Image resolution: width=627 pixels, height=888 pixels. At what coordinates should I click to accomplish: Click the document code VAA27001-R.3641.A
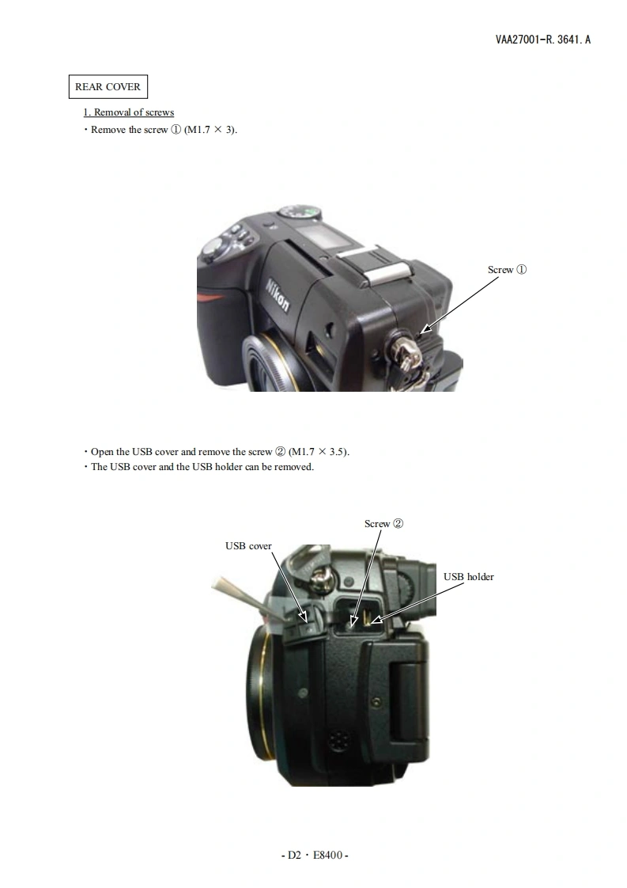(542, 39)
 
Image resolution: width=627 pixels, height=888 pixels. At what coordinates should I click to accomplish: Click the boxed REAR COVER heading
(108, 86)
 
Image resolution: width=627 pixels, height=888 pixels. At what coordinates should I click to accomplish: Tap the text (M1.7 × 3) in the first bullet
(210, 130)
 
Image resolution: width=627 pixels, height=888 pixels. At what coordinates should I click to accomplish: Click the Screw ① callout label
(507, 270)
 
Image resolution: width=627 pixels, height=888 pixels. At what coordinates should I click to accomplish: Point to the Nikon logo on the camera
(278, 295)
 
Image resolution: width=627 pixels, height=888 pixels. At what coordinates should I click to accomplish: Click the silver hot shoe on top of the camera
(379, 266)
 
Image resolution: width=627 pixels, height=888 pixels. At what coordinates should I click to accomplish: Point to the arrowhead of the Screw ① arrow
(424, 330)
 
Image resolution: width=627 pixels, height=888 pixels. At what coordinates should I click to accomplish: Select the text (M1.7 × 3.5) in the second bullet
(319, 452)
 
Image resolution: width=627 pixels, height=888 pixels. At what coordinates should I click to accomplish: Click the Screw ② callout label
(383, 524)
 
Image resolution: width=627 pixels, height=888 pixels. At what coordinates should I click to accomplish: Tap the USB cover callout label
(248, 546)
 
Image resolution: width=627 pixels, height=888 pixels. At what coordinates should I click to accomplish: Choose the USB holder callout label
(469, 576)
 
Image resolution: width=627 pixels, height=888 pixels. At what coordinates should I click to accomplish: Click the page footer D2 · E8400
(315, 855)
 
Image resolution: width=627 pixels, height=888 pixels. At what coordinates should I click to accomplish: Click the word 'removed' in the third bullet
(293, 467)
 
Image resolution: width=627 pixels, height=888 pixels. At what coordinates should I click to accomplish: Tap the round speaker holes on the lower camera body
(338, 740)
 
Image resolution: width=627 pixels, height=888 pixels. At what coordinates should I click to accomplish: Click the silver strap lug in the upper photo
(405, 354)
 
